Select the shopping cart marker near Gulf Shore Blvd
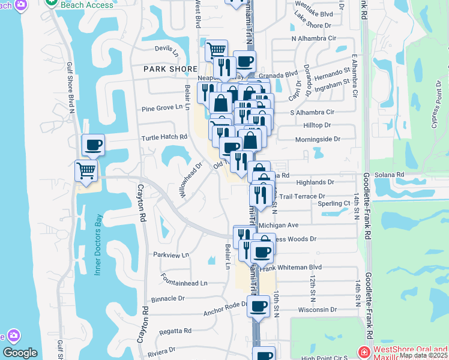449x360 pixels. pos(86,171)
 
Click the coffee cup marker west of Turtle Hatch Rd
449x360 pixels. pos(93,145)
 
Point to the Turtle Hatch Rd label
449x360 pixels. pos(164,137)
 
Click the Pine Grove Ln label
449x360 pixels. pos(161,107)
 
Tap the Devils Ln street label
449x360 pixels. pos(167,50)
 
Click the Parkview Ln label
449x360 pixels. pos(171,254)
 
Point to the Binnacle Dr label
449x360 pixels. pos(168,298)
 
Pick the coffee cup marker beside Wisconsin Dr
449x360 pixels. pos(258,307)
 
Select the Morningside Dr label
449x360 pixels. pos(318,139)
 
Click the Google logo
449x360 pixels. pos(20,353)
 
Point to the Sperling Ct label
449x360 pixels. pos(338,204)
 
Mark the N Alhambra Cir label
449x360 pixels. pos(313,38)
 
